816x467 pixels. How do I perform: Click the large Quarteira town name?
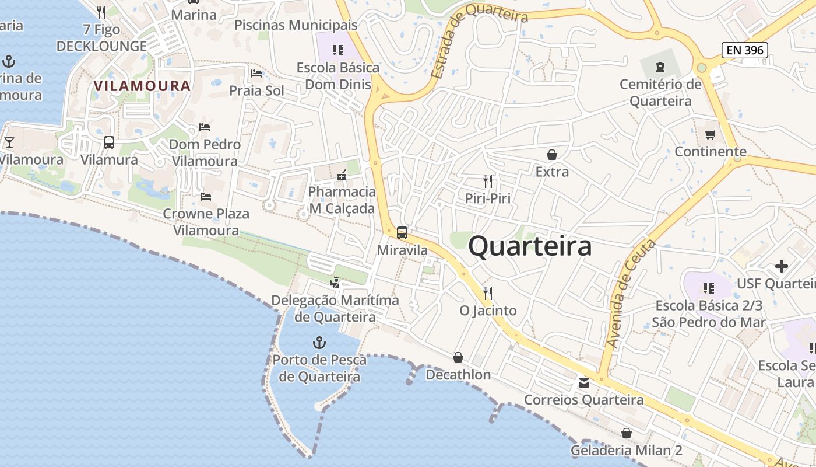click(x=530, y=246)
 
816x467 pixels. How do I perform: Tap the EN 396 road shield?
click(x=745, y=50)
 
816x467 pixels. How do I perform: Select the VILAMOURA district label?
click(x=142, y=86)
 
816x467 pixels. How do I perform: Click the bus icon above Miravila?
click(x=402, y=233)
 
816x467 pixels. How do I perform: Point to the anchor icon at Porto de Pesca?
click(x=319, y=343)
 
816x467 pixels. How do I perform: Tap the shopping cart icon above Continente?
click(x=710, y=135)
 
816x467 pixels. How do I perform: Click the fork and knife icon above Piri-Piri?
click(x=488, y=182)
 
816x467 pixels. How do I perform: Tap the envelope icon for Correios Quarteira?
click(x=583, y=383)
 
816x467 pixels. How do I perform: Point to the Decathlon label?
click(x=458, y=375)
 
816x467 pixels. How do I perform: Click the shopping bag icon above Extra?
click(x=551, y=155)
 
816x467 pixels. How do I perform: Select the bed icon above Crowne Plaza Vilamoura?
click(x=205, y=197)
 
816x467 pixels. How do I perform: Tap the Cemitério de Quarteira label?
click(x=660, y=93)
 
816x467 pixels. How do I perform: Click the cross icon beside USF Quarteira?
click(x=781, y=267)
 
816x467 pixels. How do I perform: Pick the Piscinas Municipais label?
click(x=296, y=25)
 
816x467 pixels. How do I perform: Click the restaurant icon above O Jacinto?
click(x=488, y=293)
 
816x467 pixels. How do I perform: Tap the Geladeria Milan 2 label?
click(x=626, y=451)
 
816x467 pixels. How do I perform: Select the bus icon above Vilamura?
click(x=109, y=142)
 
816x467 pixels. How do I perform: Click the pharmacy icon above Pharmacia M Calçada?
click(x=342, y=175)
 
